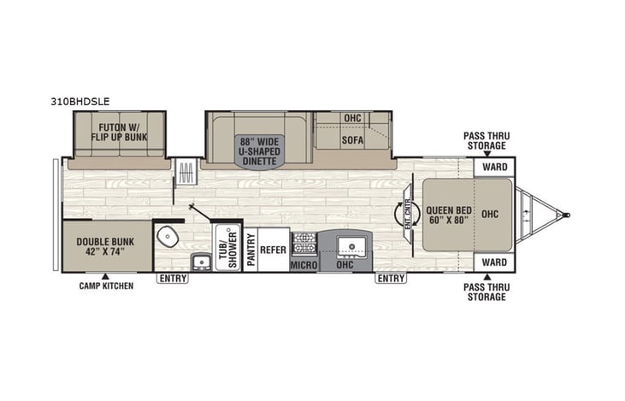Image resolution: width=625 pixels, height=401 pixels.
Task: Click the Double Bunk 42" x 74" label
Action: (106, 246)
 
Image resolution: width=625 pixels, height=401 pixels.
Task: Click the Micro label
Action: (304, 266)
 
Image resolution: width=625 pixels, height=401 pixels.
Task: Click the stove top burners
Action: (304, 244)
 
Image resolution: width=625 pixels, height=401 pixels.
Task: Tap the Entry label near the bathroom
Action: (171, 278)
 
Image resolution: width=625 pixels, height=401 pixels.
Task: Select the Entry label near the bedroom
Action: (390, 278)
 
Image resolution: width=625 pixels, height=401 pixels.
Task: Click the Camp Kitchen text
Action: (106, 286)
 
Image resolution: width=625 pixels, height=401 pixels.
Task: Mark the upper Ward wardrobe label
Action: (494, 167)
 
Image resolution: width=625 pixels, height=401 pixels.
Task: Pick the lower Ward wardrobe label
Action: (494, 262)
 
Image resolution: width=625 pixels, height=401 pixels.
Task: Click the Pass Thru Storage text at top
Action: (487, 140)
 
